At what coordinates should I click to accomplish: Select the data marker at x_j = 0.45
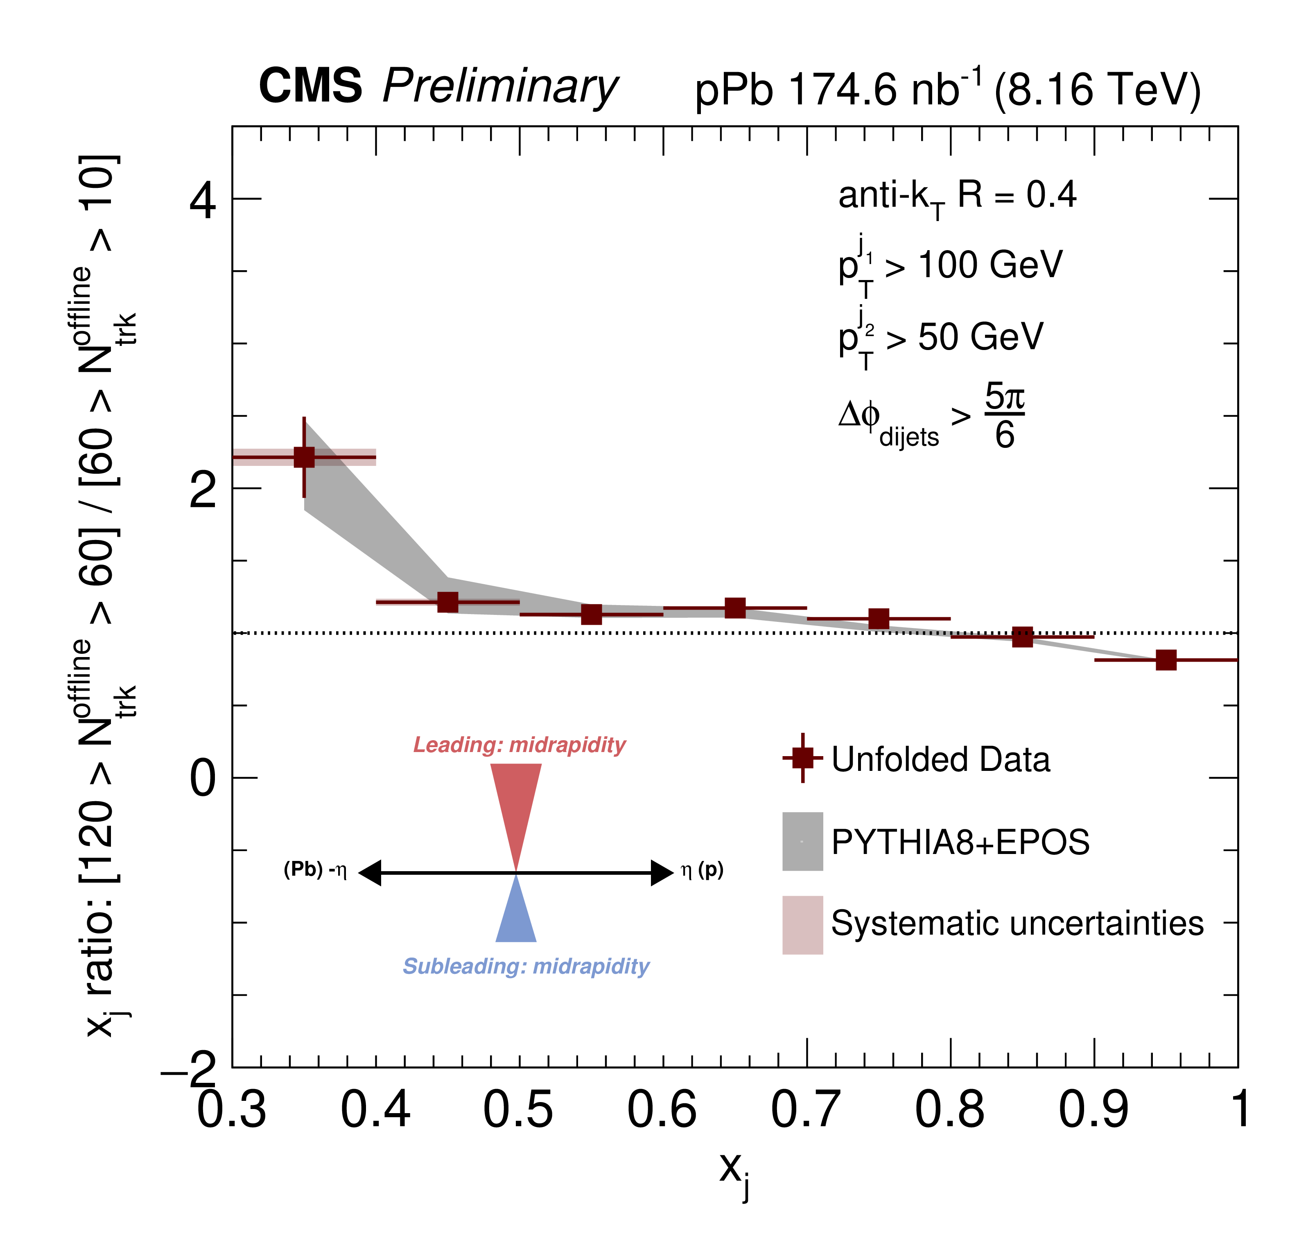tap(448, 602)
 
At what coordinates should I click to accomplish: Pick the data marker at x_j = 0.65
tap(735, 608)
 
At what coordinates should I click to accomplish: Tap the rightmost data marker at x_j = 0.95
tap(1166, 660)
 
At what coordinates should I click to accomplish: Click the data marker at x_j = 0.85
tap(1022, 637)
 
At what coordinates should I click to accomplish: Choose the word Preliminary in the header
tap(500, 87)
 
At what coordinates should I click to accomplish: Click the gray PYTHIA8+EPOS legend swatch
tap(803, 841)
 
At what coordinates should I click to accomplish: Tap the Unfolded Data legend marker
tap(803, 757)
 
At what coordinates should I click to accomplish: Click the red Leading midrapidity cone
tap(516, 802)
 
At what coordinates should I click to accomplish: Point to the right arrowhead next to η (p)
tap(662, 873)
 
